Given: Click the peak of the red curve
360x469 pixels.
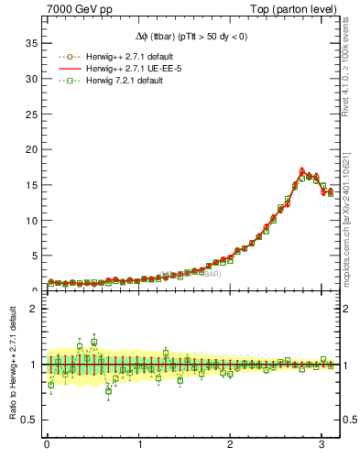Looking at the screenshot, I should coord(302,169).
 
